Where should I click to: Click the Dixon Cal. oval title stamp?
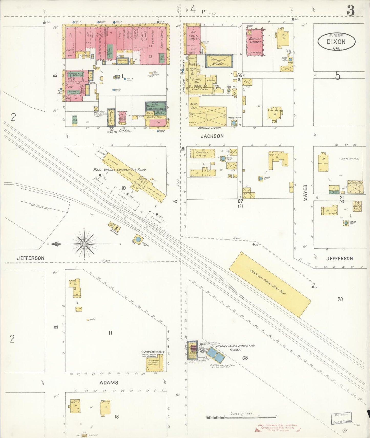click(336, 42)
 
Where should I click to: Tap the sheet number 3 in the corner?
click(350, 11)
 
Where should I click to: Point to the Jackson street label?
click(212, 136)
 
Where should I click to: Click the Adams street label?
click(109, 383)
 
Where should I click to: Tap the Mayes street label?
click(305, 193)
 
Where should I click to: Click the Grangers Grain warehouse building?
click(269, 284)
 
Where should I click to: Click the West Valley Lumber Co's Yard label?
click(120, 169)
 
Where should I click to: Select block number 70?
click(340, 299)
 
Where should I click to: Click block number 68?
click(245, 358)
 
